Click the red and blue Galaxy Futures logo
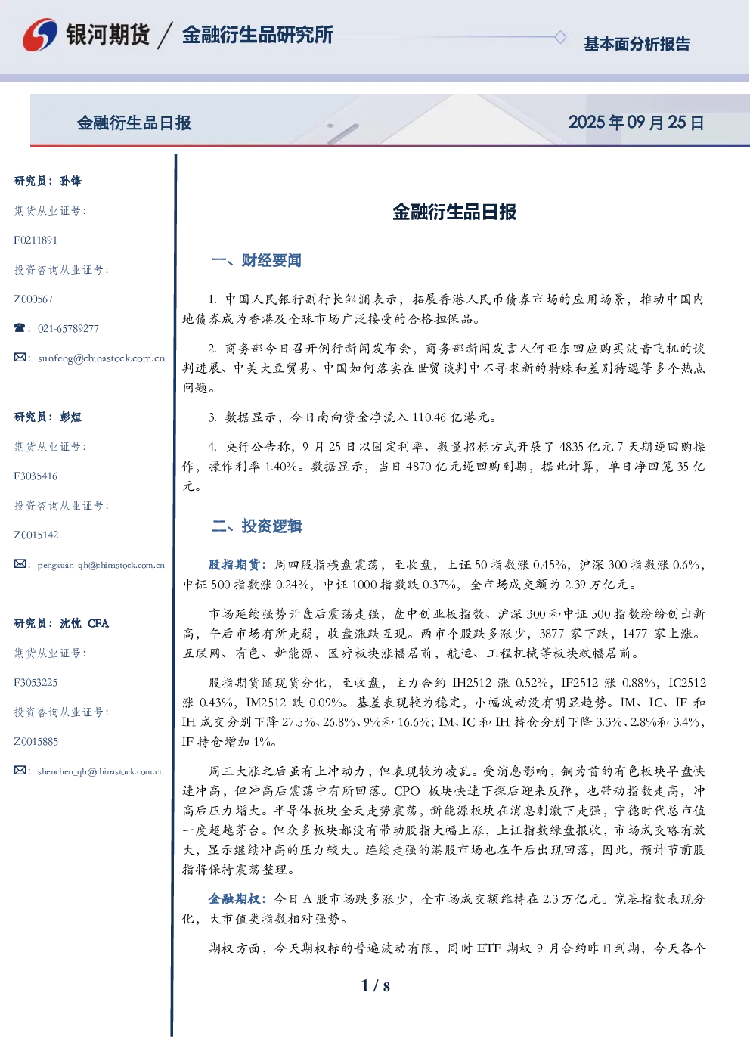pyautogui.click(x=40, y=35)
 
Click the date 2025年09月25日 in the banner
pyautogui.click(x=636, y=123)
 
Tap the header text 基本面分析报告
pyautogui.click(x=637, y=44)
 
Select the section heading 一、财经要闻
pyautogui.click(x=256, y=260)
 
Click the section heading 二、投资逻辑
pyautogui.click(x=256, y=526)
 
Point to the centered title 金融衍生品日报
pyautogui.click(x=454, y=212)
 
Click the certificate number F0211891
pyautogui.click(x=36, y=240)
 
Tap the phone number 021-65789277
pyautogui.click(x=68, y=328)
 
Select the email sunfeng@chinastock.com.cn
pyautogui.click(x=101, y=358)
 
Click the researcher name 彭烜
pyautogui.click(x=70, y=417)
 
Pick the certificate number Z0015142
pyautogui.click(x=36, y=535)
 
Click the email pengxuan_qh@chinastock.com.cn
pyautogui.click(x=101, y=565)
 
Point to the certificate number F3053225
pyautogui.click(x=36, y=683)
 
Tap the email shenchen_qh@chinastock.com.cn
pyautogui.click(x=101, y=771)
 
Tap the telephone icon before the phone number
pyautogui.click(x=20, y=327)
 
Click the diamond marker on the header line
pyautogui.click(x=560, y=37)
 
